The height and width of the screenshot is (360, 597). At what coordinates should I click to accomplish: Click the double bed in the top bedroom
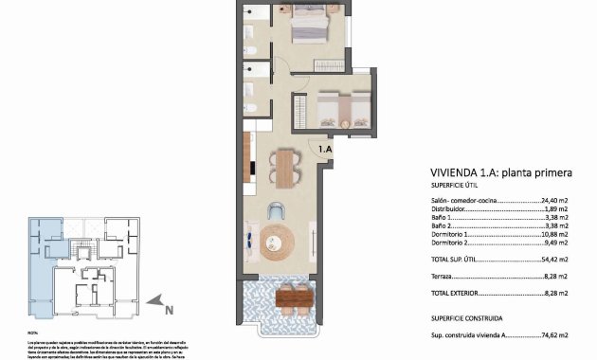coord(311,25)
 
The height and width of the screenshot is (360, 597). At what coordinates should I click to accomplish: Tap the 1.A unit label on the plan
coord(324,149)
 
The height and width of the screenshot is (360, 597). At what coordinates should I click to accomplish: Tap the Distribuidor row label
coord(450,209)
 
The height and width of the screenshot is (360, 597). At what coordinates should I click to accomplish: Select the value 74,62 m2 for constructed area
coord(553,334)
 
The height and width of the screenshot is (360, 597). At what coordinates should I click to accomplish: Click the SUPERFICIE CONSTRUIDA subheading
coord(466,318)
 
